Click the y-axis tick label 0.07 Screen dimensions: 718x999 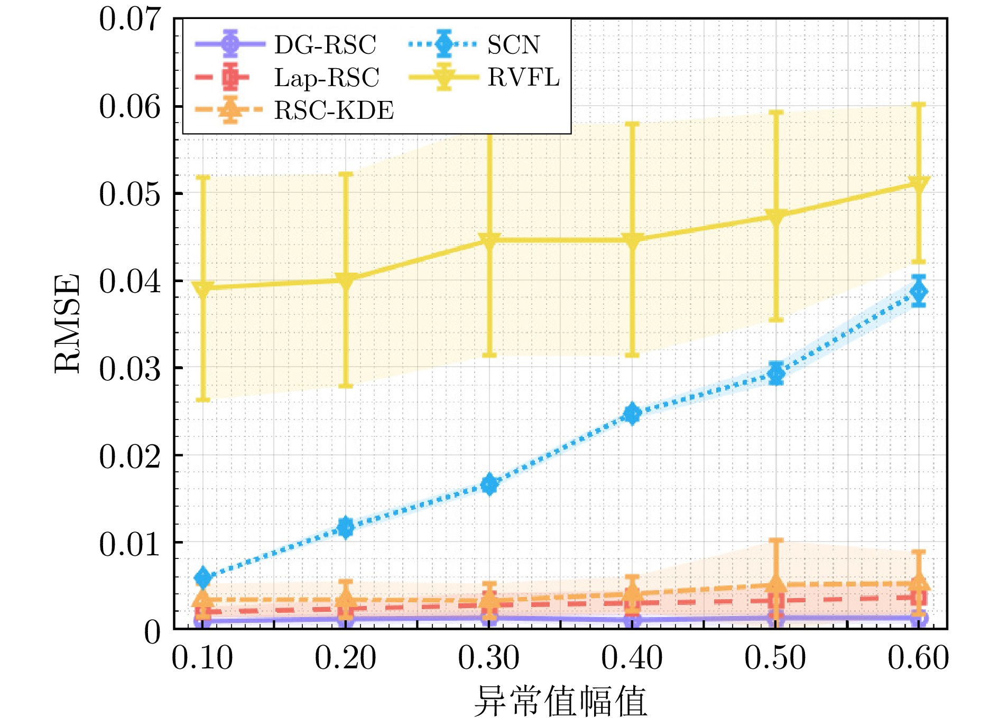(x=129, y=20)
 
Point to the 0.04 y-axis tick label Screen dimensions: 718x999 (x=129, y=281)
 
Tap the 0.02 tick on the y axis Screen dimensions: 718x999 (x=129, y=456)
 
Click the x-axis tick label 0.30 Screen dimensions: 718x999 (x=489, y=658)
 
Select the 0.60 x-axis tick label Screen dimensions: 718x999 (x=919, y=658)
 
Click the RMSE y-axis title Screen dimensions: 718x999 (x=68, y=323)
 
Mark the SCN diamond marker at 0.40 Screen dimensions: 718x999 (x=632, y=413)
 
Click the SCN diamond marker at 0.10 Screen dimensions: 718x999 (x=203, y=577)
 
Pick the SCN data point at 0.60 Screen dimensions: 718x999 (x=919, y=291)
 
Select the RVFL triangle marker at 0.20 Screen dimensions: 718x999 (x=346, y=280)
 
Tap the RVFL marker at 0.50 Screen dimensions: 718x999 (x=776, y=216)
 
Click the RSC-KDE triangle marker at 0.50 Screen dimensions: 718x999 (x=776, y=584)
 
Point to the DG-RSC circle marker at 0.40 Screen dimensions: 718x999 (x=632, y=620)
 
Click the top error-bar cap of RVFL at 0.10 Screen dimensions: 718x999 (x=203, y=177)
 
